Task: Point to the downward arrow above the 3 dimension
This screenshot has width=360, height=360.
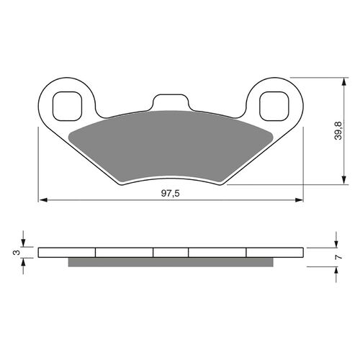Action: click(x=24, y=241)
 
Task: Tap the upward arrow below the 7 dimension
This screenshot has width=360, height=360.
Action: click(x=337, y=272)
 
